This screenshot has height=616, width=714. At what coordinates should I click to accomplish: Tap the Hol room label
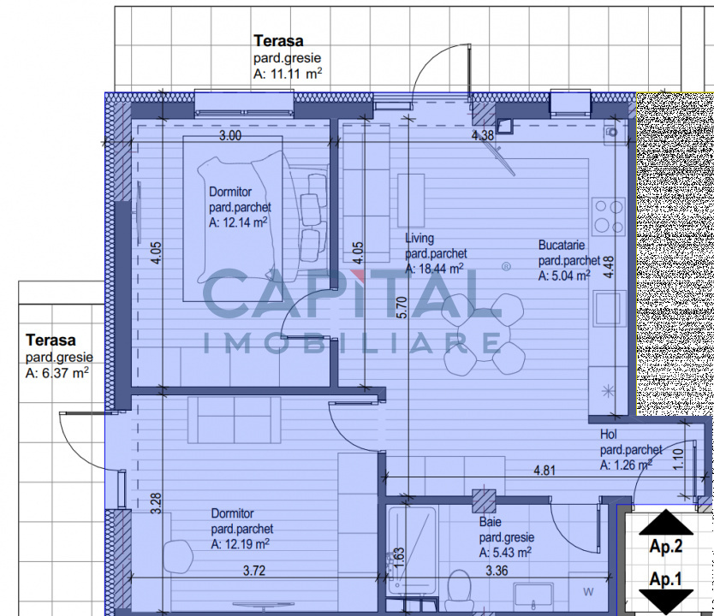[609, 435]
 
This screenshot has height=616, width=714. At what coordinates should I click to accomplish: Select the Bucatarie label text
[562, 246]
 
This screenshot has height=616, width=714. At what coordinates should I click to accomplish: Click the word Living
[419, 239]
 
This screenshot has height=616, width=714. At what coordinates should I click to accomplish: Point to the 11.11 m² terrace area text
[288, 74]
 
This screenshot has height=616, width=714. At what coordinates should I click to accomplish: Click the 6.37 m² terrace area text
[57, 373]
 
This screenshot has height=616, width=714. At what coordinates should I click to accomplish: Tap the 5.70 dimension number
[402, 307]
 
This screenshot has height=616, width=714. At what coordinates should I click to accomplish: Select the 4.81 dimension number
[544, 470]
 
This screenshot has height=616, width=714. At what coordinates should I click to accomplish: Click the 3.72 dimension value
[254, 571]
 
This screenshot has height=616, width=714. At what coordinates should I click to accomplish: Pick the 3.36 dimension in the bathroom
[497, 571]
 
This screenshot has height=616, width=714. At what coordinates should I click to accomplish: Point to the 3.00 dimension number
[230, 135]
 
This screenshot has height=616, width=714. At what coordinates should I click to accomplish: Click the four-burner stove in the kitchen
[609, 216]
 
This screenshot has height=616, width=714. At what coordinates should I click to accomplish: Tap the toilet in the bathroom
[459, 592]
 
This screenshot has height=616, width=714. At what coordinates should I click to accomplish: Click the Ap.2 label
[666, 547]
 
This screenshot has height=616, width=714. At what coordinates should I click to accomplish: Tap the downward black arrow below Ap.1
[666, 602]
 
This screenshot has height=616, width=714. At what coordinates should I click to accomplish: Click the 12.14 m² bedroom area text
[238, 222]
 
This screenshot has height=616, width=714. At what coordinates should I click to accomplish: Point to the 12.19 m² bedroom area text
[240, 544]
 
